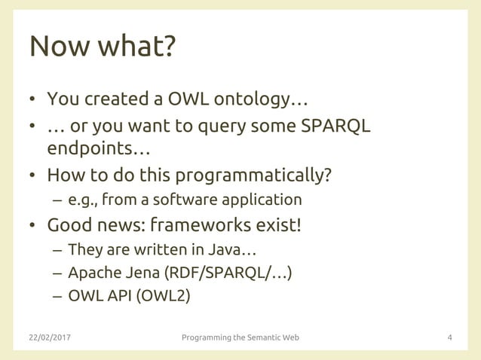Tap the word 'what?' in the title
pyautogui.click(x=137, y=47)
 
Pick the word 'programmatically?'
pyautogui.click(x=253, y=176)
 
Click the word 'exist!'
pyautogui.click(x=275, y=225)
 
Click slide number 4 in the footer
pyautogui.click(x=450, y=337)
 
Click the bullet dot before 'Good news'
pyautogui.click(x=33, y=226)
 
